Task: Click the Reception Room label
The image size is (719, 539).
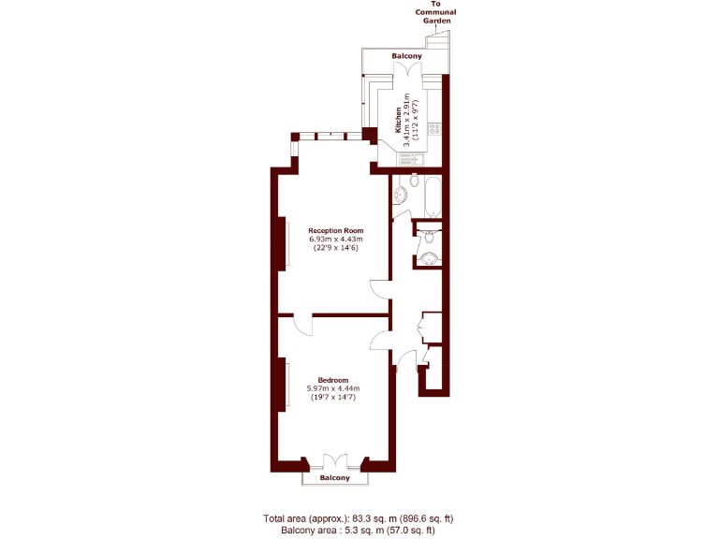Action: [335, 230]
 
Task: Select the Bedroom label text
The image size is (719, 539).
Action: [333, 380]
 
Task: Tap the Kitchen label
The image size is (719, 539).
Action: [398, 120]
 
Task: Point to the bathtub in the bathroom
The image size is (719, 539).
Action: [432, 197]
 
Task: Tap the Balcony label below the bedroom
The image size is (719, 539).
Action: [334, 478]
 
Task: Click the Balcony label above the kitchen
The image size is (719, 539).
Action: [406, 56]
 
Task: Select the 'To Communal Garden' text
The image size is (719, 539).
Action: [435, 16]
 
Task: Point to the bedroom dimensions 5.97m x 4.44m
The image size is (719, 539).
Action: [333, 389]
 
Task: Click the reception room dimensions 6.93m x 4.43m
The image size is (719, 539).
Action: [335, 240]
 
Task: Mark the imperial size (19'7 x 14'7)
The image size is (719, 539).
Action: [333, 398]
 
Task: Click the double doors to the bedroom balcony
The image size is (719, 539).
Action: [334, 461]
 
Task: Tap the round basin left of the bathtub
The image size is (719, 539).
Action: [400, 196]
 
